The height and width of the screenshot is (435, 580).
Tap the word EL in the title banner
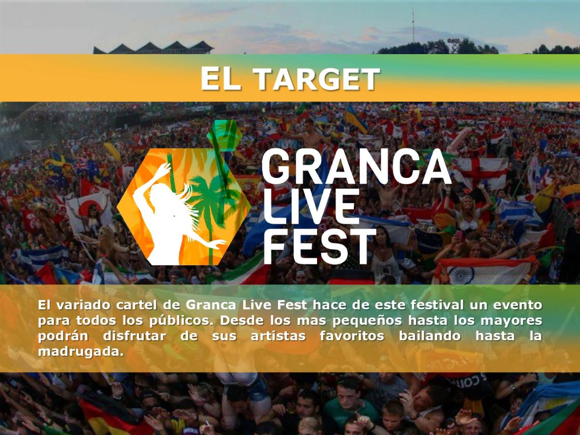coord(221,79)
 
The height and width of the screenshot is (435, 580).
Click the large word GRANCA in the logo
coord(356,166)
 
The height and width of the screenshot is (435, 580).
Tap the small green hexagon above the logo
coord(224,135)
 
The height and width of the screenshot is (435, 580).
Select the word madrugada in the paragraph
coord(81,352)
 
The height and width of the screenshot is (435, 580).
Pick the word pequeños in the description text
coord(367,321)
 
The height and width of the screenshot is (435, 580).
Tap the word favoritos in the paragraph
coord(352,336)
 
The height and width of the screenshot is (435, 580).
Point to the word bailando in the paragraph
coord(430,336)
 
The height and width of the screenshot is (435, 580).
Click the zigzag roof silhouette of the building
coord(153,48)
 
